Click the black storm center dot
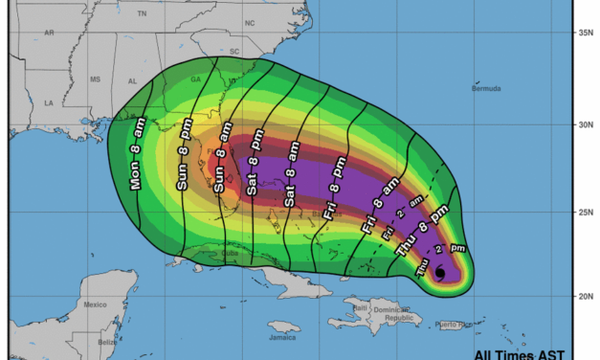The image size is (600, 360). click(x=439, y=273)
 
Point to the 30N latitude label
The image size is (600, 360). click(x=585, y=124)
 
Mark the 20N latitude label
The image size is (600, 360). click(x=585, y=296)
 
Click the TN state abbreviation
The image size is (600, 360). click(x=143, y=14)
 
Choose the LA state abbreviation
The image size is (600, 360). click(x=48, y=101)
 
